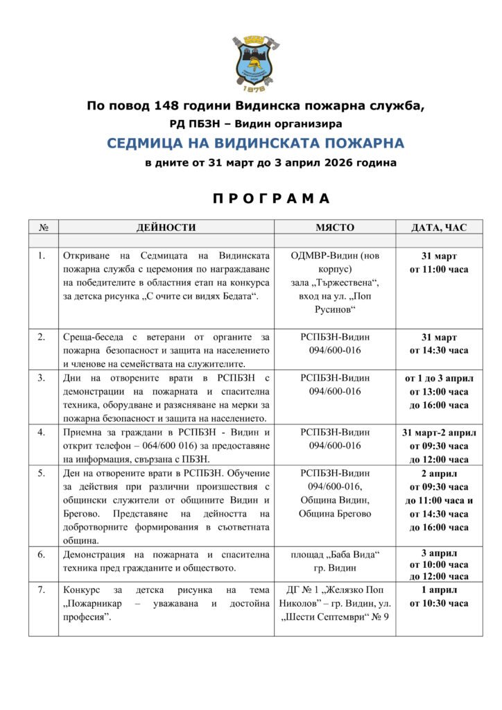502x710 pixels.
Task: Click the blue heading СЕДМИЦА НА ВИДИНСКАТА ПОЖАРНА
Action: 255,144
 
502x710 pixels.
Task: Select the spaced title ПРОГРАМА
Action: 271,199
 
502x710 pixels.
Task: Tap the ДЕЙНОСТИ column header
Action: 166,227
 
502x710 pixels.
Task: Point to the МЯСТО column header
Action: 335,227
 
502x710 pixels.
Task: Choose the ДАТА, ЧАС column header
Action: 439,227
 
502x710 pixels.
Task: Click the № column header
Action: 44,227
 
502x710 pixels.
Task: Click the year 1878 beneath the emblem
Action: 251,89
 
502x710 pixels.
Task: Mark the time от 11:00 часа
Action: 439,269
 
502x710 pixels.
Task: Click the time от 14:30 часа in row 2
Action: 439,350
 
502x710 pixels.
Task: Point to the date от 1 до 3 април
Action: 439,378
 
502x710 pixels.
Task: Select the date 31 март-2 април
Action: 439,433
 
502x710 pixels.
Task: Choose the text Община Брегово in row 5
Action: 335,514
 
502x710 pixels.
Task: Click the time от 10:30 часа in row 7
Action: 439,603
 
